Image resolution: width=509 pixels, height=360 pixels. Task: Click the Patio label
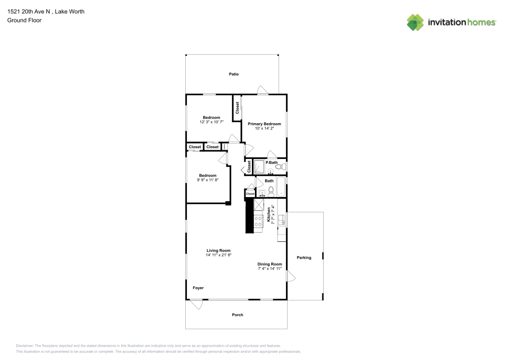(x=234, y=74)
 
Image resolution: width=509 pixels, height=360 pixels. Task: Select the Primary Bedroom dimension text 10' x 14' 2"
(x=264, y=129)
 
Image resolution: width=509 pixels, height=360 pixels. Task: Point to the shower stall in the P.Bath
(x=259, y=167)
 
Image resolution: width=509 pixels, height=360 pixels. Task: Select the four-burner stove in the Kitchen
(x=258, y=220)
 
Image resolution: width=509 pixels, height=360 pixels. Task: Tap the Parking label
(x=304, y=258)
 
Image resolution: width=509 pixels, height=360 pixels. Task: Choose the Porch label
(x=237, y=315)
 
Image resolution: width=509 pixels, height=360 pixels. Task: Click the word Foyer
(x=198, y=288)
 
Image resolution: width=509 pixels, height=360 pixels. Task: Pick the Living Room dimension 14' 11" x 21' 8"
(x=218, y=255)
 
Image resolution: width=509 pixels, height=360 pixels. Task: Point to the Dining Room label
(x=269, y=264)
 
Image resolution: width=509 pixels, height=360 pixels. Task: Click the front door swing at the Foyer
(x=196, y=304)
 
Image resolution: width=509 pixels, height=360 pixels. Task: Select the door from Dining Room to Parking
(x=291, y=276)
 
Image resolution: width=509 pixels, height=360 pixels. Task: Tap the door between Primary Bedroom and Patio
(x=263, y=91)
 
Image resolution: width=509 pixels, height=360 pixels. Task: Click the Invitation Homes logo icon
(x=415, y=22)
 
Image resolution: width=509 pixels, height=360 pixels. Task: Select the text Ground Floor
(x=24, y=20)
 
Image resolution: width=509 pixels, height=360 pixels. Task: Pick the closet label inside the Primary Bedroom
(x=237, y=108)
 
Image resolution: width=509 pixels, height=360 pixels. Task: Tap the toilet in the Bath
(x=271, y=191)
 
